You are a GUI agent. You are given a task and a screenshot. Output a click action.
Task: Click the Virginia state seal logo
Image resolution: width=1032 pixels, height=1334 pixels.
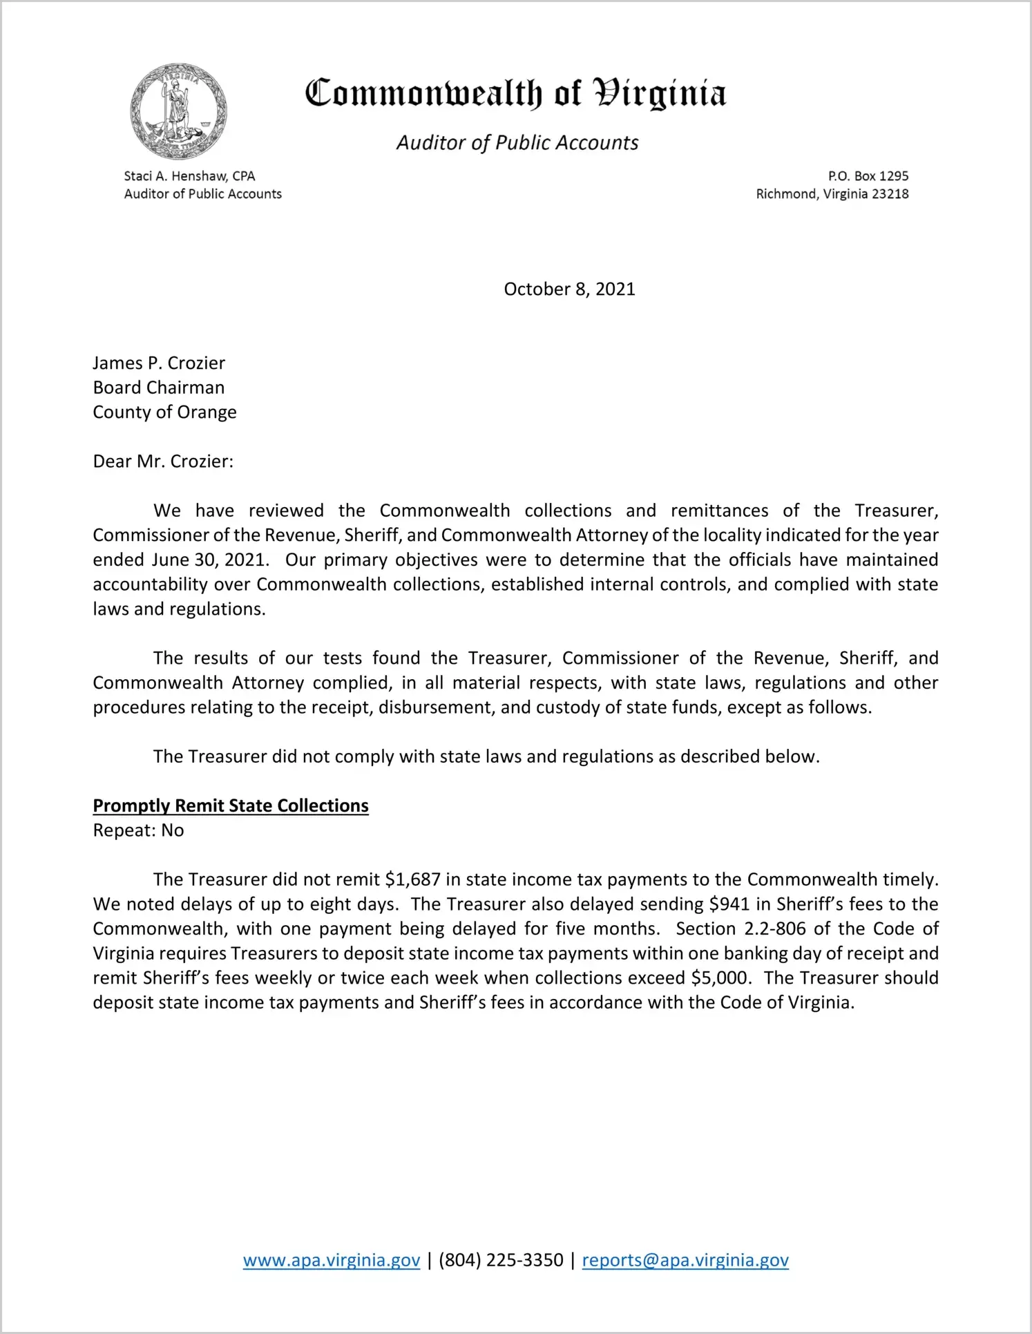click(x=178, y=111)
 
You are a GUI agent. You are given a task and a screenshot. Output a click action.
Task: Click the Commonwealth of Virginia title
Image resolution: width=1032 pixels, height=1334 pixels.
click(x=515, y=93)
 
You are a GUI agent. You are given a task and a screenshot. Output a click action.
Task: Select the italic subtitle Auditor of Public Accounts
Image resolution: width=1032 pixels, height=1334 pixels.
click(x=517, y=143)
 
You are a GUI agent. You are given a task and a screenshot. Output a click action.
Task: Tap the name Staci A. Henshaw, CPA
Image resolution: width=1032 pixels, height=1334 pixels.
click(x=189, y=176)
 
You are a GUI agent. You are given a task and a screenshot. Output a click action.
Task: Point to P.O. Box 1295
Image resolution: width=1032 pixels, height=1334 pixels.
click(x=868, y=176)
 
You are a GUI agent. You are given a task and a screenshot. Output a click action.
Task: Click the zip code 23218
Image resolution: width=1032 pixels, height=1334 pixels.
click(x=890, y=194)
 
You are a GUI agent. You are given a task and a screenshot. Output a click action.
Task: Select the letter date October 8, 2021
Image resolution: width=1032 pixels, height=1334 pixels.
click(x=569, y=289)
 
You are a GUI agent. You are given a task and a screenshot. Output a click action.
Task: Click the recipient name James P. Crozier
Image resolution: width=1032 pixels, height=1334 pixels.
click(x=159, y=363)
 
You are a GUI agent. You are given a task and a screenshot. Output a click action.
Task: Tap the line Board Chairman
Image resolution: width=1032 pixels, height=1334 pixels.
click(x=159, y=388)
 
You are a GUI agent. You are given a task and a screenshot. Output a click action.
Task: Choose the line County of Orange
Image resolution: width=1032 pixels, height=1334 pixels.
click(x=164, y=412)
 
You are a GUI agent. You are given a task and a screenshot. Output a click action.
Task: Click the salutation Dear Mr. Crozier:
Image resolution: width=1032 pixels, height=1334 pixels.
click(x=163, y=461)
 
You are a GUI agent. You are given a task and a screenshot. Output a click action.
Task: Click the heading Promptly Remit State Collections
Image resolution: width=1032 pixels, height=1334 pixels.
click(x=231, y=806)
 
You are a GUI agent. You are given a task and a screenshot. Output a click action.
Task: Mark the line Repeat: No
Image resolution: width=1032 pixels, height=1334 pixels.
click(x=138, y=830)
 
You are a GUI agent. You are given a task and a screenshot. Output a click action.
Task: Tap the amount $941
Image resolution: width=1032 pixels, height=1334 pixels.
click(x=729, y=904)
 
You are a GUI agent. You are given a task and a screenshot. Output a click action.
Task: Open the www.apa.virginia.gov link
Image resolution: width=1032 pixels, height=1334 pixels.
click(x=332, y=1260)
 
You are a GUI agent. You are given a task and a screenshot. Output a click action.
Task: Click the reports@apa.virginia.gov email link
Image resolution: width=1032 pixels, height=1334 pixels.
click(x=685, y=1260)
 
